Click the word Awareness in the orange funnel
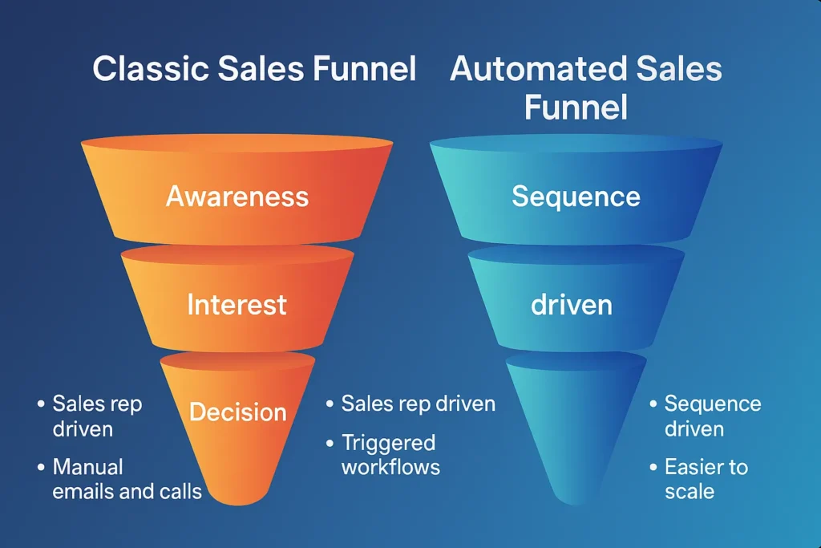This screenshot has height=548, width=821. pyautogui.click(x=237, y=197)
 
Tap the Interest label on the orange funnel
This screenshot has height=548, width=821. pyautogui.click(x=237, y=305)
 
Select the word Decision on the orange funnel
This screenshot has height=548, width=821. pyautogui.click(x=237, y=412)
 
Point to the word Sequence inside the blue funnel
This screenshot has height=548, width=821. pyautogui.click(x=576, y=197)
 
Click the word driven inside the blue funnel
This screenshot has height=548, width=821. pyautogui.click(x=571, y=305)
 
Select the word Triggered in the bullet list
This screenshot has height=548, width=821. pyautogui.click(x=388, y=443)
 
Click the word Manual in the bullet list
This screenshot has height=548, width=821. pyautogui.click(x=87, y=466)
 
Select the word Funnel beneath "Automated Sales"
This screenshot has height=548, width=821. pyautogui.click(x=576, y=108)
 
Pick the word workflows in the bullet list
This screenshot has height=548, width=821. pyautogui.click(x=390, y=466)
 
